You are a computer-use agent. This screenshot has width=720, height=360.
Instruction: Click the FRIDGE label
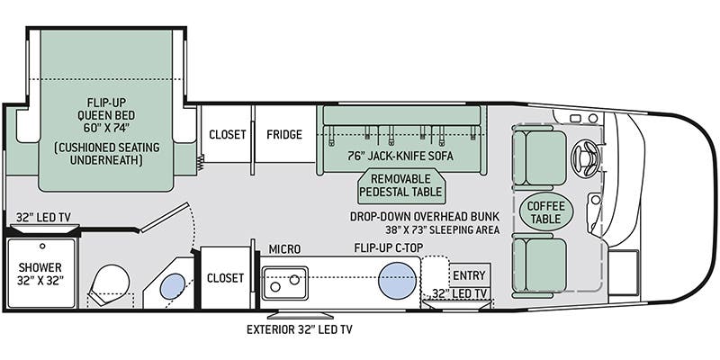pyautogui.click(x=283, y=135)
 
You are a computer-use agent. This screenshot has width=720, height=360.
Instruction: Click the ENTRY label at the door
pyautogui.click(x=468, y=275)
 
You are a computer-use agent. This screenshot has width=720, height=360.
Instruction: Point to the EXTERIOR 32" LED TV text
pyautogui.click(x=299, y=329)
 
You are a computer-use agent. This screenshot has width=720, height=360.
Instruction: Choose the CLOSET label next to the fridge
pyautogui.click(x=228, y=135)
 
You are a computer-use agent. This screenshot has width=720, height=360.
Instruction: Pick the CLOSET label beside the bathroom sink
pyautogui.click(x=226, y=278)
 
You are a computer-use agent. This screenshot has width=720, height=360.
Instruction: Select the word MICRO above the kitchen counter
pyautogui.click(x=284, y=249)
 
